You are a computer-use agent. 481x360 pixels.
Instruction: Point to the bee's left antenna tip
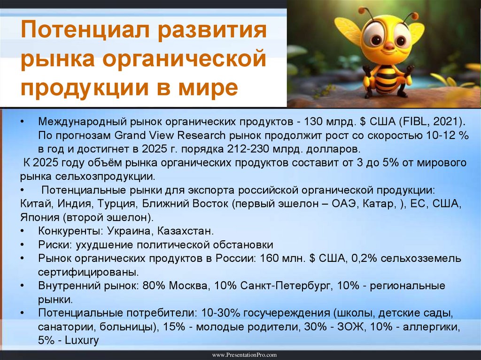pyautogui.click(x=361, y=9)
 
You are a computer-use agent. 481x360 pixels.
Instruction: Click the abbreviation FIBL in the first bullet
pyautogui.click(x=416, y=122)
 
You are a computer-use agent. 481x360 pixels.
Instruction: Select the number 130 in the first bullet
pyautogui.click(x=313, y=122)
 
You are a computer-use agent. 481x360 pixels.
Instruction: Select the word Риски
pyautogui.click(x=52, y=245)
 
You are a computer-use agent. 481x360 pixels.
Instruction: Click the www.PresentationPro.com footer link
pyautogui.click(x=240, y=355)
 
